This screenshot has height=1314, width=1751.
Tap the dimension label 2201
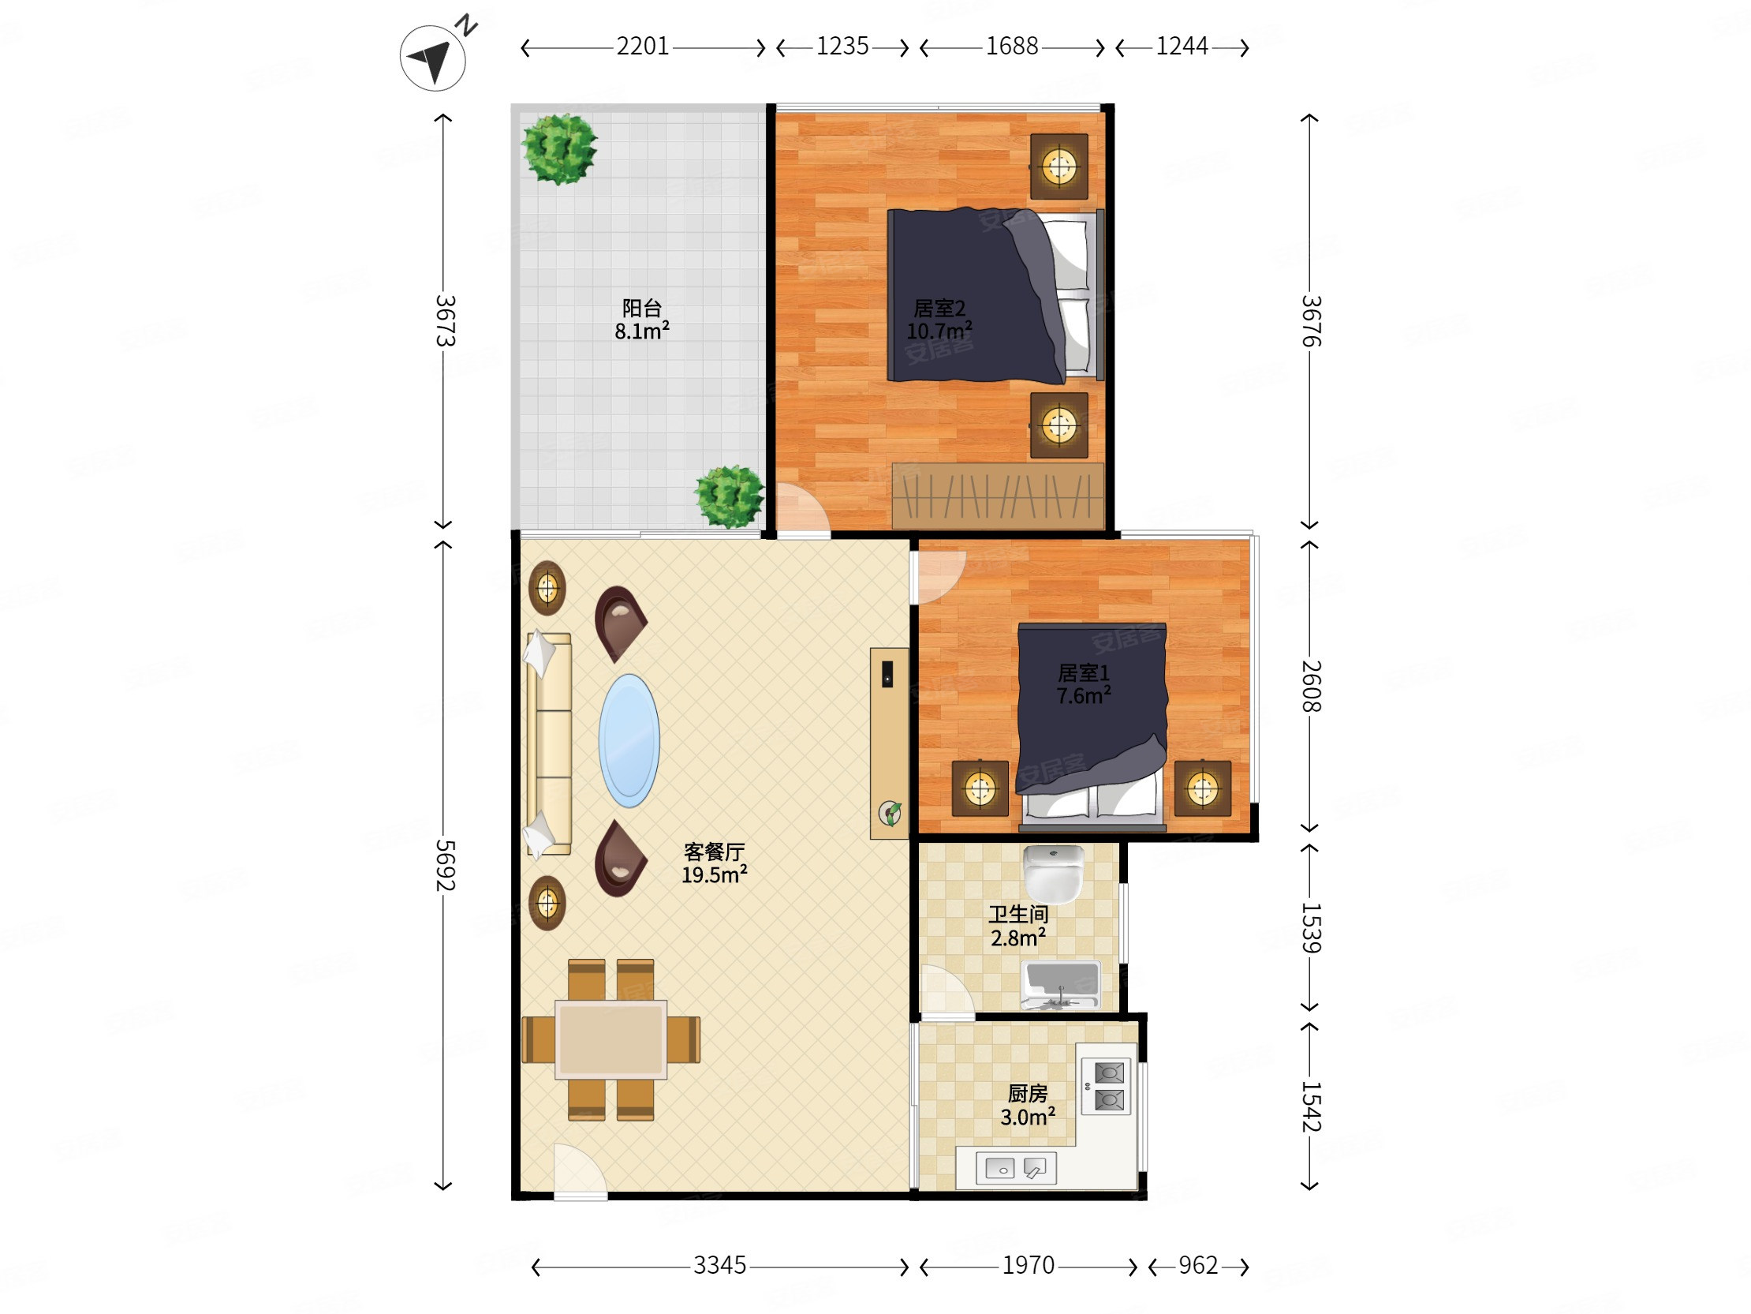tap(642, 47)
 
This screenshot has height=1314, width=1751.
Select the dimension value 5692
tap(445, 865)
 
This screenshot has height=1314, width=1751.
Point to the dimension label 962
tap(1197, 1265)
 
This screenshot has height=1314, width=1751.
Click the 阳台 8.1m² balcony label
tap(642, 319)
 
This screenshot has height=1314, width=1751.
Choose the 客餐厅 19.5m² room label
tap(714, 863)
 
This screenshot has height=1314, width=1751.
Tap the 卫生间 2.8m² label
tap(1018, 926)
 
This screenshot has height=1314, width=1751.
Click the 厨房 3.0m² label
tap(1028, 1105)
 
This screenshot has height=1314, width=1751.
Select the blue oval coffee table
tap(629, 740)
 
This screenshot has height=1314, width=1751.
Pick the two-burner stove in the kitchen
tap(1107, 1086)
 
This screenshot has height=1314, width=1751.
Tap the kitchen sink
tap(1016, 1168)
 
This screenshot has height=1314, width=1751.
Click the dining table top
tap(610, 1039)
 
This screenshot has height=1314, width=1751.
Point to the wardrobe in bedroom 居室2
tap(998, 496)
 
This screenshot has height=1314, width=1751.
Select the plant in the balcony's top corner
tap(559, 148)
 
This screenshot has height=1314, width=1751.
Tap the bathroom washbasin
tap(1061, 985)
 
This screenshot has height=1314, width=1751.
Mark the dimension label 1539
tap(1311, 927)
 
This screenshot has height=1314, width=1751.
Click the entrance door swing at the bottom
tap(581, 1170)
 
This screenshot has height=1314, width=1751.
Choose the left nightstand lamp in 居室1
tap(980, 788)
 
